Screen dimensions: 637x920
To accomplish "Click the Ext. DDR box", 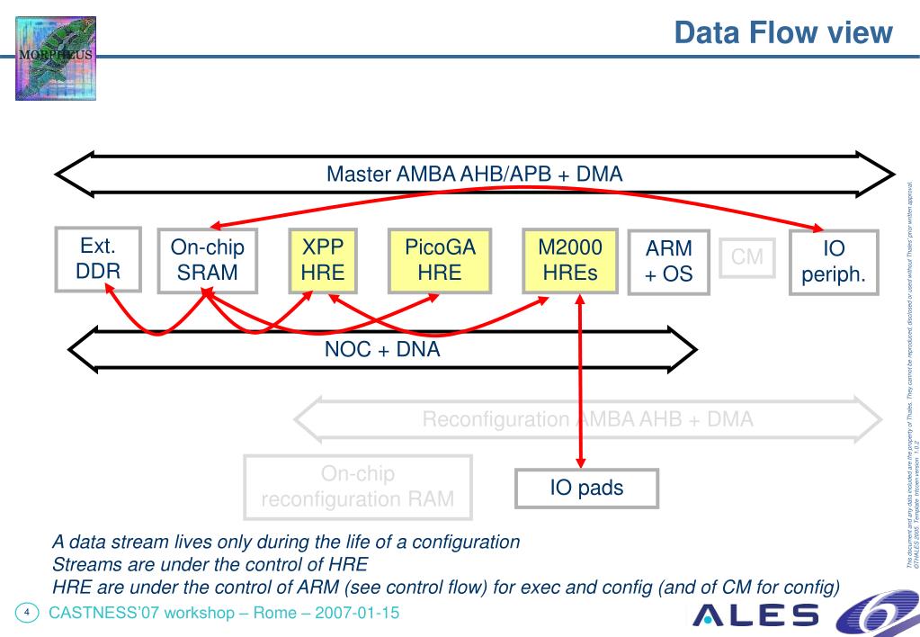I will [x=98, y=258].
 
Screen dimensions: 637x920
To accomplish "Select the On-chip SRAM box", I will [x=207, y=261].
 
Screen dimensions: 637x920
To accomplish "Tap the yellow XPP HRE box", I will [x=323, y=261].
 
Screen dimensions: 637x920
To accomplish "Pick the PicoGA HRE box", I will [x=440, y=261].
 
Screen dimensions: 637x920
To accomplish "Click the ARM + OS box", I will [x=669, y=262].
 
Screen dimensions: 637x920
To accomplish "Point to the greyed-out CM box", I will [x=747, y=257].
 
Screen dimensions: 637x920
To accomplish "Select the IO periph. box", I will [x=834, y=262].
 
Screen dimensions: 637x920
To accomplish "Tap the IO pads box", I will [x=586, y=489].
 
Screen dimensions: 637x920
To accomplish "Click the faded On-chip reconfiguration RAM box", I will [x=358, y=487].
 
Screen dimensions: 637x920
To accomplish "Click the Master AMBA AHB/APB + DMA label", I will [x=474, y=174].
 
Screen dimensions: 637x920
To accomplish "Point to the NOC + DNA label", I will [x=382, y=350].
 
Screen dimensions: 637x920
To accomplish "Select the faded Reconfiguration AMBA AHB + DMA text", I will [x=588, y=419].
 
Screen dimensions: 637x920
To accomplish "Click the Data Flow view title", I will [x=783, y=33].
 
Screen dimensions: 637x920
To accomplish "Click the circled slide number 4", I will [x=27, y=614].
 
